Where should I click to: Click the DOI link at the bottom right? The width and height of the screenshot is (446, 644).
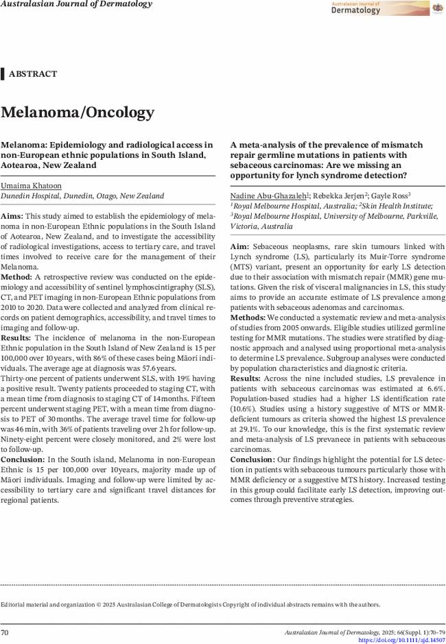point(401,640)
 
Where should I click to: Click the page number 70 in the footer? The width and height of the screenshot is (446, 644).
point(5,632)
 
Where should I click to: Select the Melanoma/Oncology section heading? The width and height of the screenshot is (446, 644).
point(78,112)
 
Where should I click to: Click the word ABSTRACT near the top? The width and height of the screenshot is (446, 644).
point(33,74)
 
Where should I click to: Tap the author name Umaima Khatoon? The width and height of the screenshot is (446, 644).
point(31,186)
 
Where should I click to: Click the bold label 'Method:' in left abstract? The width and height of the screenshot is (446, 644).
point(16,276)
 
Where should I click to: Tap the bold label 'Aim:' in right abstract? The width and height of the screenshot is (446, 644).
point(239,246)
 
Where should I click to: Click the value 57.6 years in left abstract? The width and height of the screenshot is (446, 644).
point(157,368)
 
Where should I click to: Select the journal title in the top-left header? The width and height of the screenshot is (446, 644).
point(76,4)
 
